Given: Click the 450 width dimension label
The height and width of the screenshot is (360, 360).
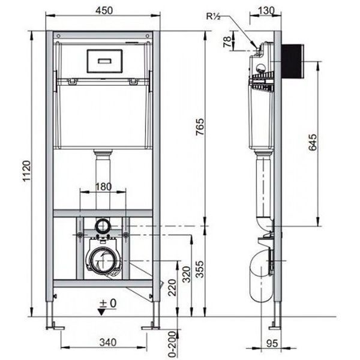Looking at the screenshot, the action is pyautogui.click(x=104, y=11).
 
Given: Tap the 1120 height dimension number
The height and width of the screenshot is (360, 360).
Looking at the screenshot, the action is pyautogui.click(x=26, y=171).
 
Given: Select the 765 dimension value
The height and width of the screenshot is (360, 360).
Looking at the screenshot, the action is pyautogui.click(x=200, y=127).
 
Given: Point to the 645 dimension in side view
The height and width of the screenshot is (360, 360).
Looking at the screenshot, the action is pyautogui.click(x=313, y=142).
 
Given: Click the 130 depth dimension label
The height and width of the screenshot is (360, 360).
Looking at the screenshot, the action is pyautogui.click(x=266, y=11).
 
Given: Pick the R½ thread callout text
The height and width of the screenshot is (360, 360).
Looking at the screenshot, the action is pyautogui.click(x=213, y=17).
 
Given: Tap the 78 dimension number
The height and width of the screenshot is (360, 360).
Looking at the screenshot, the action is pyautogui.click(x=227, y=42).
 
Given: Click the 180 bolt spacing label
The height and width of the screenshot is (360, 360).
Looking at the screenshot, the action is pyautogui.click(x=103, y=187).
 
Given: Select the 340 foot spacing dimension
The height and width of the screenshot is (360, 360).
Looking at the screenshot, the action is pyautogui.click(x=108, y=343).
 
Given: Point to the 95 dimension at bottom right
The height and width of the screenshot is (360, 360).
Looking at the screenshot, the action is pyautogui.click(x=272, y=343).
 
